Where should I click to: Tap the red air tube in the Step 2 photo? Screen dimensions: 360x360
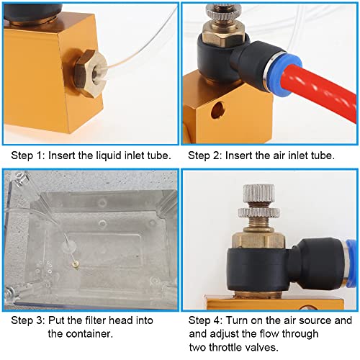317,79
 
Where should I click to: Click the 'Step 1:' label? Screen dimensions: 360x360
27,155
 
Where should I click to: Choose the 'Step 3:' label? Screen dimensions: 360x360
27,321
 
